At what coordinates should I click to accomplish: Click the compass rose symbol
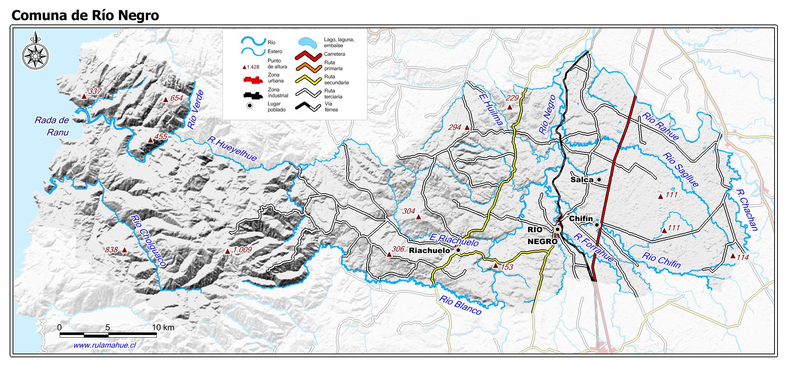(35, 55)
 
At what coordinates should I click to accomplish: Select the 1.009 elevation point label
(242, 250)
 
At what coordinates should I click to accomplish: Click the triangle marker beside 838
(124, 250)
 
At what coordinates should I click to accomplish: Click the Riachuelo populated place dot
(458, 250)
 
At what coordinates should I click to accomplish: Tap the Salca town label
(582, 180)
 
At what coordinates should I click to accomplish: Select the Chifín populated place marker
(597, 225)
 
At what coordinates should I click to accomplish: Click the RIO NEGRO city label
(542, 236)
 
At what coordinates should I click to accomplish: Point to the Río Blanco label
(460, 305)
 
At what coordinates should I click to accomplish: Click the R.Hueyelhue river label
(232, 149)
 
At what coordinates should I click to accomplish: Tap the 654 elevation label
(176, 98)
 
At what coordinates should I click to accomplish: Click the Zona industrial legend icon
(253, 95)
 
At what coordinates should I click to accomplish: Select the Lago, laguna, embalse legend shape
(307, 42)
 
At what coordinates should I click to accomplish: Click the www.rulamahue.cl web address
(105, 345)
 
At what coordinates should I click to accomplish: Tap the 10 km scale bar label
(163, 327)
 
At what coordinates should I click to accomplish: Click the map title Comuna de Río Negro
(85, 15)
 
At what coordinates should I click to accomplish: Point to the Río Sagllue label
(680, 170)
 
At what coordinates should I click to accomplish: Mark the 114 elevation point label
(743, 257)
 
